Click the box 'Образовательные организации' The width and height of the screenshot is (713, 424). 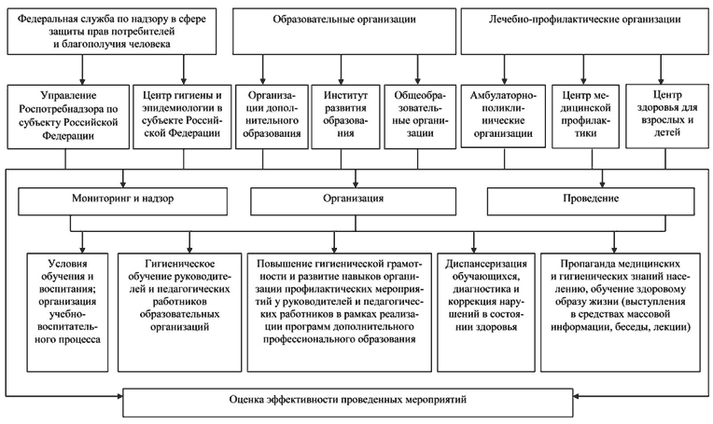[x=344, y=32]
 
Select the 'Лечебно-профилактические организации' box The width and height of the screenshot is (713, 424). [x=585, y=32]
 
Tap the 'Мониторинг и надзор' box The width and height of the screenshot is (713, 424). [x=123, y=201]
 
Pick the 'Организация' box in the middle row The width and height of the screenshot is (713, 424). [x=354, y=201]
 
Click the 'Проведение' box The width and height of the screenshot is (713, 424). [x=591, y=201]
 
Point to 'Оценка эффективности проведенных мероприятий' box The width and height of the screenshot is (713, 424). [x=348, y=403]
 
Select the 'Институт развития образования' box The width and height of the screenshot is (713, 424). [x=345, y=116]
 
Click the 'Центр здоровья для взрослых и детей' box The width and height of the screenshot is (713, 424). [x=667, y=116]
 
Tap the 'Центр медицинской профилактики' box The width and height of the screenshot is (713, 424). [x=586, y=116]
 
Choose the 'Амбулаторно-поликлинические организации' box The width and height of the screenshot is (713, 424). [x=503, y=116]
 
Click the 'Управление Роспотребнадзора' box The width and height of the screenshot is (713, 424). [x=68, y=116]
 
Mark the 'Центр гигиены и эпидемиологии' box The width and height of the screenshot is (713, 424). [x=182, y=116]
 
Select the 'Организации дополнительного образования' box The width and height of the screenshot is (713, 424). [x=272, y=116]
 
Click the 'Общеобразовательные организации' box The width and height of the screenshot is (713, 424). [x=420, y=116]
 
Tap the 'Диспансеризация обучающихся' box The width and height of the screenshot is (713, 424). [x=486, y=312]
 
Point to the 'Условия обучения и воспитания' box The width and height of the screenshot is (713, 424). [x=68, y=312]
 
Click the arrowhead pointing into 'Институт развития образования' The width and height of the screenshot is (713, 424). [x=341, y=81]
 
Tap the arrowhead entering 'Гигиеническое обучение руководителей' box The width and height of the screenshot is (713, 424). [x=189, y=249]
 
